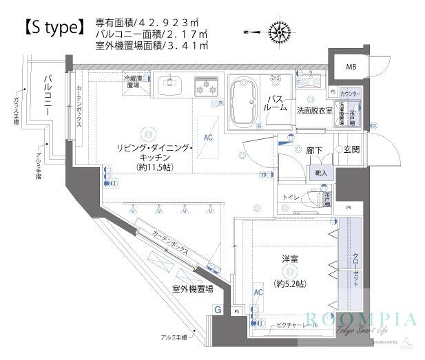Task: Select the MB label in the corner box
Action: [x=351, y=67]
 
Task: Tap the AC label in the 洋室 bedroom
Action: [x=258, y=293]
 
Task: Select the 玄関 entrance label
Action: [x=352, y=149]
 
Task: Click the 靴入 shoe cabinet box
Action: [x=322, y=173]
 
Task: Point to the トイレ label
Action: [x=291, y=198]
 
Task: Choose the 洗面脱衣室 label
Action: [x=315, y=110]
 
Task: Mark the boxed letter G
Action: [x=217, y=310]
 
